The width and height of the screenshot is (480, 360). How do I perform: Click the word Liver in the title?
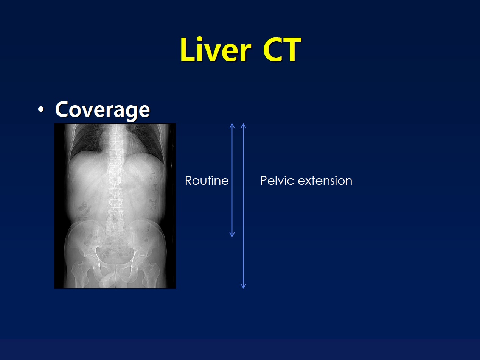(216, 50)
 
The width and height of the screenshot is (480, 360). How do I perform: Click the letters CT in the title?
(282, 50)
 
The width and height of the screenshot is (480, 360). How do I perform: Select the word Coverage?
(103, 110)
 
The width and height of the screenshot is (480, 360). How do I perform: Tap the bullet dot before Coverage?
(41, 109)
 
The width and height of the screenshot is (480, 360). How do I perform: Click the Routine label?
(207, 181)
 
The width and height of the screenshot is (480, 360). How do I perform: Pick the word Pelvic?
(277, 181)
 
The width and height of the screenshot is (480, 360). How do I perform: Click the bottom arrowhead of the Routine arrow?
(232, 234)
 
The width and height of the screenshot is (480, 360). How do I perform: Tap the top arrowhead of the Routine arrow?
(232, 126)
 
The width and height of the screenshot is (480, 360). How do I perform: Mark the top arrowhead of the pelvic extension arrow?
(243, 126)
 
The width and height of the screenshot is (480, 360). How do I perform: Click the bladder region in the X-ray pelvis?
(114, 256)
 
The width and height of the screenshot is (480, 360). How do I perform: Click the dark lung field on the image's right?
(146, 140)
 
